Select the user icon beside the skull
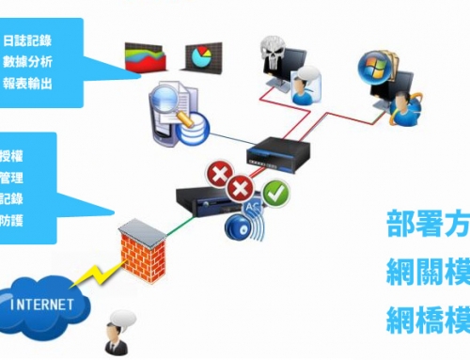click(x=304, y=86)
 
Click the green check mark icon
click(x=276, y=195)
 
